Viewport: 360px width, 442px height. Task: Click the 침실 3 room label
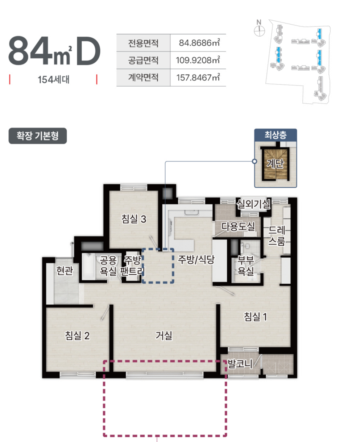[x=134, y=219]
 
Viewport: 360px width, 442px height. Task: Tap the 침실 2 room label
[x=77, y=335]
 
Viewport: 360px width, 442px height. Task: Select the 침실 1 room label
[x=255, y=317]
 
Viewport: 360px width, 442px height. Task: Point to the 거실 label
[x=164, y=335]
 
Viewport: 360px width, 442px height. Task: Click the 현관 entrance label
[x=65, y=271]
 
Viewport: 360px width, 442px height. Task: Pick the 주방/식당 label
[x=196, y=259]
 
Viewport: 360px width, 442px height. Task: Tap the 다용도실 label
[x=238, y=226]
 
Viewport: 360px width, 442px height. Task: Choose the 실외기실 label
[x=254, y=204]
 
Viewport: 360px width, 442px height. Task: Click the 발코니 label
[x=240, y=364]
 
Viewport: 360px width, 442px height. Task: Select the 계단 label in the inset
[x=275, y=163]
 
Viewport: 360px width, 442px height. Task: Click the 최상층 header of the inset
[x=276, y=135]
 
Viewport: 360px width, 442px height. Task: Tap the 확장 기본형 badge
[x=38, y=136]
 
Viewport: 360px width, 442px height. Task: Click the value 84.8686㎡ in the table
[x=199, y=43]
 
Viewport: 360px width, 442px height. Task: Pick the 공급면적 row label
[x=143, y=61]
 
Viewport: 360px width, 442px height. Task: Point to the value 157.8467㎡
[x=198, y=78]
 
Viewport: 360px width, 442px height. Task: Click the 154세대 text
[x=54, y=80]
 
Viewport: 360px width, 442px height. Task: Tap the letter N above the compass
[x=259, y=22]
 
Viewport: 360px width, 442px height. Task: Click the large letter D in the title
[x=88, y=50]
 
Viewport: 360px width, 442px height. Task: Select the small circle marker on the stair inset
[x=255, y=161]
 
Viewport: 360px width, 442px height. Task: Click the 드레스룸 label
[x=277, y=236]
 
